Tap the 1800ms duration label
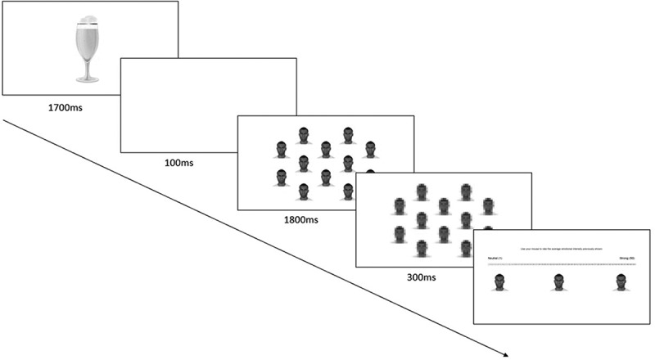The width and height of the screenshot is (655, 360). click(x=301, y=219)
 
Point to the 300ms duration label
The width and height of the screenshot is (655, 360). click(x=420, y=277)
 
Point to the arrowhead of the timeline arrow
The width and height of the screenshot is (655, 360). click(x=507, y=354)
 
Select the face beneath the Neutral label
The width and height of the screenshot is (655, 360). click(x=499, y=282)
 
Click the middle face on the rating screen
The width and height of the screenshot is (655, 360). click(x=559, y=282)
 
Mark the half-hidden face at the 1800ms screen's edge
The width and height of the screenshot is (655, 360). click(x=370, y=173)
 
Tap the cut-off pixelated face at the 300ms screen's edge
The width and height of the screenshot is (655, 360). click(x=488, y=231)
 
